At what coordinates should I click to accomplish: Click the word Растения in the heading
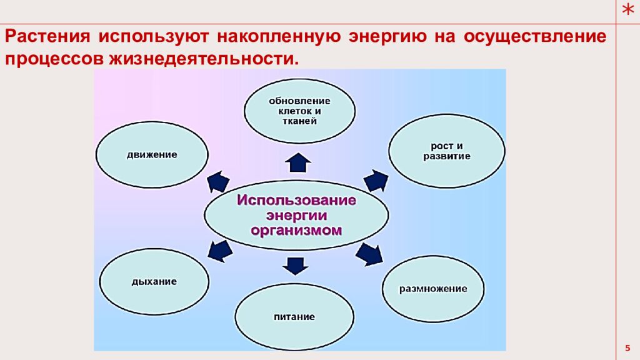point(47,36)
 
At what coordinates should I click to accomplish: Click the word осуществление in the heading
point(534,36)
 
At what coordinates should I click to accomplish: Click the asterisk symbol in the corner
point(627,11)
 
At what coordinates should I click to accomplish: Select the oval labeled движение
point(152,154)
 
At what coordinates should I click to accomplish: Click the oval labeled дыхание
point(154,281)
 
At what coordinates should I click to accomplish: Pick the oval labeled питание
point(294,316)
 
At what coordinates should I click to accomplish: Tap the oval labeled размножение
point(433,288)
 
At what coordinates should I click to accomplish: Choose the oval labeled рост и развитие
point(446,151)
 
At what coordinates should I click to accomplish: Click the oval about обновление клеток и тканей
point(299,111)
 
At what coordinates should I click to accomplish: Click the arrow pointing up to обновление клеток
point(298,162)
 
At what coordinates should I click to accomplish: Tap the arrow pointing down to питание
point(296,265)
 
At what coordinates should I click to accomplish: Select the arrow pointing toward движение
point(218,181)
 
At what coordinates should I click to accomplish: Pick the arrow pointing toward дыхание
point(219,251)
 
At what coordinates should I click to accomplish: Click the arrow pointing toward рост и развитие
point(376,180)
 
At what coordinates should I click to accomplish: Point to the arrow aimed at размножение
point(369,254)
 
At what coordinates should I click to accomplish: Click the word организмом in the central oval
point(296,231)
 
